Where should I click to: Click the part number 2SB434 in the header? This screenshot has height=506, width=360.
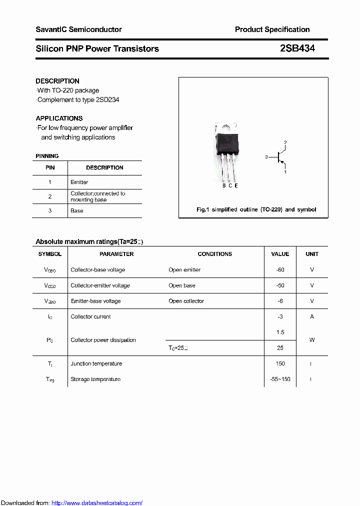tap(297, 48)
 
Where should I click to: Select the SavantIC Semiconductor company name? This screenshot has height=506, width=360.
tap(78, 29)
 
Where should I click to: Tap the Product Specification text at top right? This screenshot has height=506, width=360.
tap(272, 29)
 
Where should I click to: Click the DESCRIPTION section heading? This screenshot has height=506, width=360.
tap(57, 81)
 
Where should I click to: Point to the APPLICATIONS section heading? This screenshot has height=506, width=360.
tap(59, 118)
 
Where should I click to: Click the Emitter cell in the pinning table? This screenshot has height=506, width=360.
tap(79, 182)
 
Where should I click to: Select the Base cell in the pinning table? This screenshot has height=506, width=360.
tap(77, 210)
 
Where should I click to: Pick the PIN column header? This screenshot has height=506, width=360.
tap(50, 167)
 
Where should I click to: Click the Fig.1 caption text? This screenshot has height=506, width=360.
tap(256, 209)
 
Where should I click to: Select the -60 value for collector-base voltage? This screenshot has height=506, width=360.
tap(280, 269)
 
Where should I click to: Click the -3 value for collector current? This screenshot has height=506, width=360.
tap(280, 316)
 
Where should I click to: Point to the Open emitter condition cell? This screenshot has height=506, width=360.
tap(184, 269)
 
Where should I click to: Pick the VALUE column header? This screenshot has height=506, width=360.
tap(280, 254)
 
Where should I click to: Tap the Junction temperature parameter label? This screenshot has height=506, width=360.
tap(96, 363)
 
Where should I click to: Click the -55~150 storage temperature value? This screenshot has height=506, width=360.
tap(280, 379)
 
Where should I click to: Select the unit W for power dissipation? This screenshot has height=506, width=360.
tap(312, 340)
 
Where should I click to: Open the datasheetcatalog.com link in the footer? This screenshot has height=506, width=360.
tap(97, 503)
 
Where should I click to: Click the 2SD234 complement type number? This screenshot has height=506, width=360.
tap(107, 99)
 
